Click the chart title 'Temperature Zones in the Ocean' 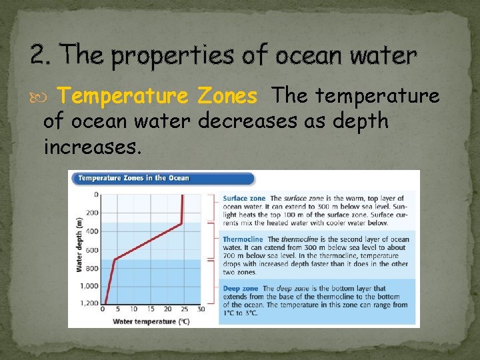[133, 178]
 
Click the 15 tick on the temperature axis [151, 309]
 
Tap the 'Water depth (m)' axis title [79, 244]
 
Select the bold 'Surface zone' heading [243, 198]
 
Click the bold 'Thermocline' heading [243, 239]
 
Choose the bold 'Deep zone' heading [241, 289]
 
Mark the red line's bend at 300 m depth [182, 223]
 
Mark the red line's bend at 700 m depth [115, 259]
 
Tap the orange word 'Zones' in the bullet [227, 97]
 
